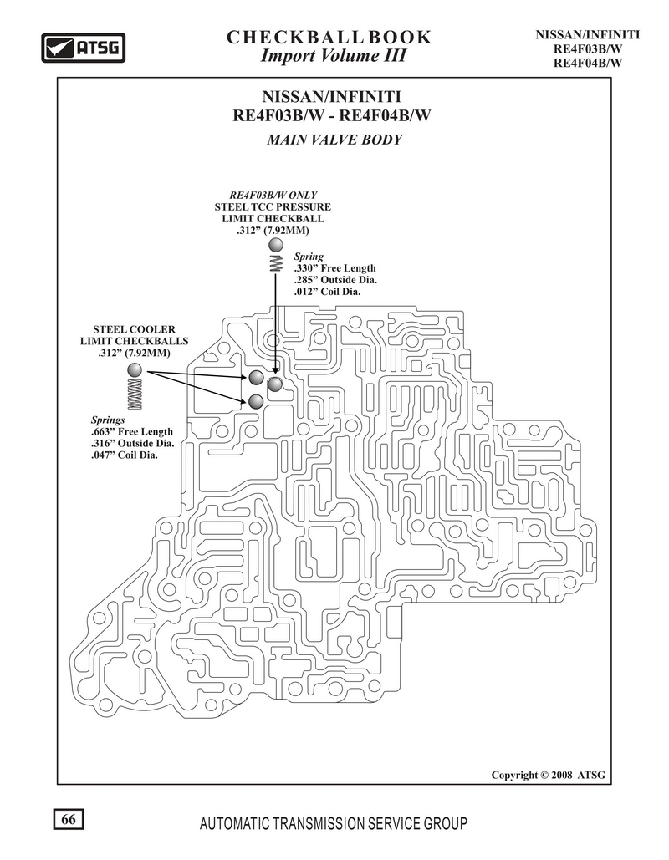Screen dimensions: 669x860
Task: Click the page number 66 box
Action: point(69,819)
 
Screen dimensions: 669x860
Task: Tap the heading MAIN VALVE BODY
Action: point(334,140)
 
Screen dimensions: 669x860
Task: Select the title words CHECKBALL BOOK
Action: point(329,37)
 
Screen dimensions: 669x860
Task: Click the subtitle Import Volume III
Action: point(333,55)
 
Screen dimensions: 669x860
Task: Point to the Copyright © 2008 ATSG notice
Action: point(549,775)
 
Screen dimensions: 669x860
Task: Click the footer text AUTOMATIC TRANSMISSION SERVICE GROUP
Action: point(334,823)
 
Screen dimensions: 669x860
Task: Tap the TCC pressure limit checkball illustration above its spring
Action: point(277,245)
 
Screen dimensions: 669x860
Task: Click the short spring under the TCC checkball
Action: point(277,262)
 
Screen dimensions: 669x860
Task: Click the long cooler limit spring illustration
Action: point(135,394)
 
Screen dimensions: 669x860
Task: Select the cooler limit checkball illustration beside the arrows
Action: point(135,370)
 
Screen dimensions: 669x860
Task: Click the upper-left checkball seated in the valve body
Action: point(256,378)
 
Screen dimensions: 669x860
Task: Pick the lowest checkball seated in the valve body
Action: point(256,402)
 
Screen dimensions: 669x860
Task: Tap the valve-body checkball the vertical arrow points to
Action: point(275,384)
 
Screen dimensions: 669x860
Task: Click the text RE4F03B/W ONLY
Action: point(273,195)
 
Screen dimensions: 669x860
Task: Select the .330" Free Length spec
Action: point(334,268)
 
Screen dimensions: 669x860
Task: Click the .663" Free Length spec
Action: point(132,431)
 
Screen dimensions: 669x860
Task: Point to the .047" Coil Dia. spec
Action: point(124,455)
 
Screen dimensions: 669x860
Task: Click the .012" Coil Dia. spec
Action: point(327,291)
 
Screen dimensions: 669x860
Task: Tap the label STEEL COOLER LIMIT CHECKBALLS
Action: point(135,341)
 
